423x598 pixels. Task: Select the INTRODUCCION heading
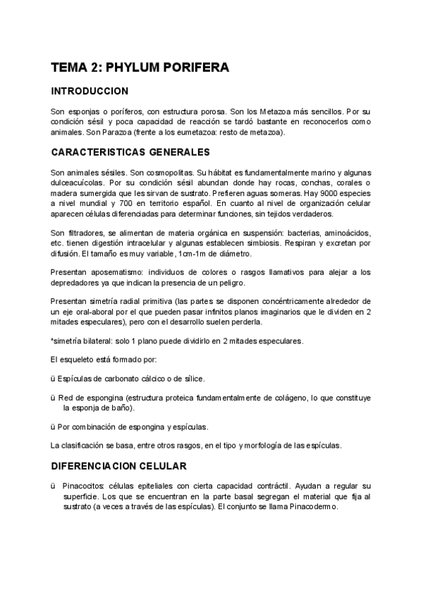[89, 92]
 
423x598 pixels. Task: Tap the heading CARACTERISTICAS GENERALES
[130, 152]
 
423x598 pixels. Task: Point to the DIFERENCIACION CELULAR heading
[118, 466]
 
